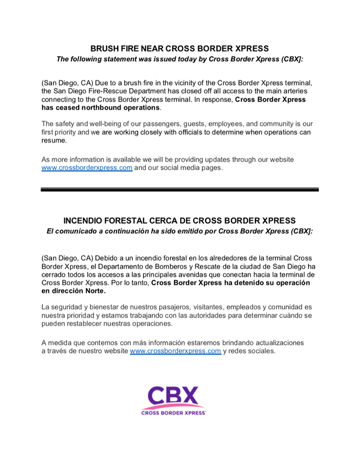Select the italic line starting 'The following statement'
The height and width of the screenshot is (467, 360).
[180, 59]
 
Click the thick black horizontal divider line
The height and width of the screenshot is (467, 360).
[180, 189]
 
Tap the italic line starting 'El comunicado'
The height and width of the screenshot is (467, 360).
[180, 232]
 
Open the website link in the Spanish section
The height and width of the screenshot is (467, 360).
[175, 351]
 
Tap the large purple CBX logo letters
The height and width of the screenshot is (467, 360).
[174, 397]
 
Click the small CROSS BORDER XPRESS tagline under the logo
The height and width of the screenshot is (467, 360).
[174, 413]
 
